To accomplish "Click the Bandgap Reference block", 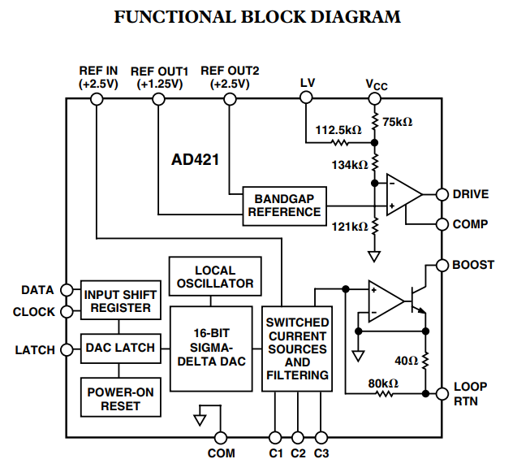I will point(284,205).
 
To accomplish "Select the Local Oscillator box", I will point(215,277).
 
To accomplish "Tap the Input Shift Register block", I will point(120,301).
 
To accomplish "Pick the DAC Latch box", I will point(120,348).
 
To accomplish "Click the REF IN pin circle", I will point(97,99).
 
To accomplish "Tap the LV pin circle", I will point(307,99).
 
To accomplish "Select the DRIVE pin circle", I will point(442,194).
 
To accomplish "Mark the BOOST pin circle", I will point(442,265).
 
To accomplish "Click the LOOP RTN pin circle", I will point(442,394).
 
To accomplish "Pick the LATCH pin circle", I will point(67,350).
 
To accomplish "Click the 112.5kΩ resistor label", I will point(338,129).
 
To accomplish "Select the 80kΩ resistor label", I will point(382,383).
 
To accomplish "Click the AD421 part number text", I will point(195,160).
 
